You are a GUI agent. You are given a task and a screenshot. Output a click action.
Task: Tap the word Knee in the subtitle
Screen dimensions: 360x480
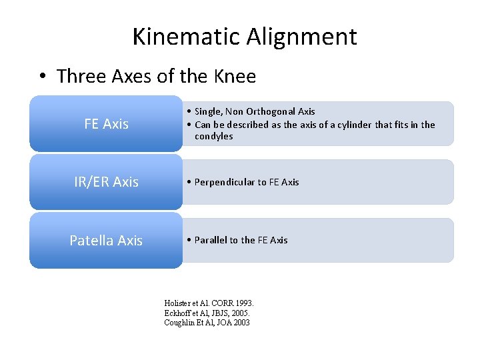click(234, 76)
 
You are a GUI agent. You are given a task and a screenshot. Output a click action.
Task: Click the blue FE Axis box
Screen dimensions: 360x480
click(106, 124)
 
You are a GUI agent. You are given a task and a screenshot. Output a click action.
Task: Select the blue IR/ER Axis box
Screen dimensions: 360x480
click(106, 182)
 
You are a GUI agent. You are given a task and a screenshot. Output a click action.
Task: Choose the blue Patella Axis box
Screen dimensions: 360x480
click(106, 240)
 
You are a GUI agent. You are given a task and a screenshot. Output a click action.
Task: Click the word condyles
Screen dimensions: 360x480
click(214, 136)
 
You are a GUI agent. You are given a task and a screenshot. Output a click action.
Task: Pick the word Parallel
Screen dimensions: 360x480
click(211, 240)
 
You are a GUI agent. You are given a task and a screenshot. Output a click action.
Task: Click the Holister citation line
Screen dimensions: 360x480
click(209, 303)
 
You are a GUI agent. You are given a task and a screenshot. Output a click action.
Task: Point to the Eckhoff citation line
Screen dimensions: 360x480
click(208, 313)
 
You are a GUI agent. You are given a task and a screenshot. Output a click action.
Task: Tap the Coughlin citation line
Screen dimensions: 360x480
click(207, 323)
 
